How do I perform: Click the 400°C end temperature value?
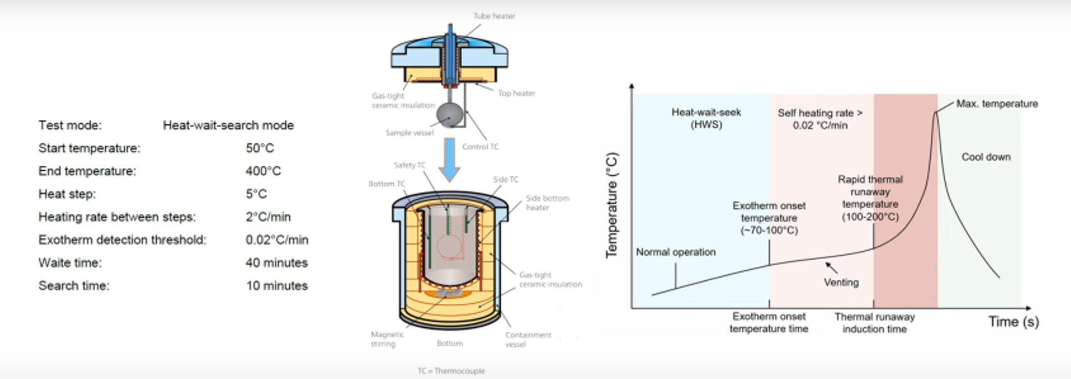263,171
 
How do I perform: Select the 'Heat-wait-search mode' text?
228,125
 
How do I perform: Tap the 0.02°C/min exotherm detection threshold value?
277,240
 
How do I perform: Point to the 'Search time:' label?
74,286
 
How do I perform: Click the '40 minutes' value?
276,263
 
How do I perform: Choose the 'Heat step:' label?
67,194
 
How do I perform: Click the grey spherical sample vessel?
450,115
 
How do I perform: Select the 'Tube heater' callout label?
494,16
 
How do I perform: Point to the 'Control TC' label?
480,147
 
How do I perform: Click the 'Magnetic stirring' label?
387,340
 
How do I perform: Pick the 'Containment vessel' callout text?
528,340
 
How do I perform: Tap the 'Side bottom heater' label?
548,203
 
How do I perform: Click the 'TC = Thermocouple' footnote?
451,371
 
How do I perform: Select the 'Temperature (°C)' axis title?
612,205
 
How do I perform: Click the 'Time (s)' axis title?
1013,321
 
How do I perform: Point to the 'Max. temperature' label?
997,104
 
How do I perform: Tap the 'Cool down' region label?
986,157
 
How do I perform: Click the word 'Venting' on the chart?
841,283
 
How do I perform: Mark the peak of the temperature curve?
936,113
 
